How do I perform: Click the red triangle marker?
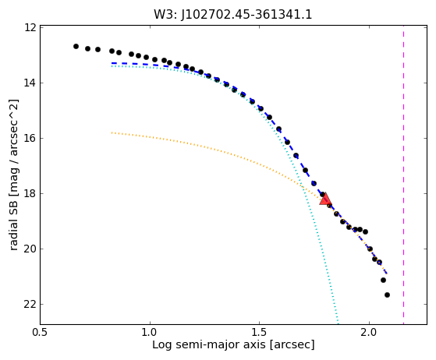pyautogui.click(x=325, y=199)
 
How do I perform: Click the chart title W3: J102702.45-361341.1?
pyautogui.click(x=233, y=15)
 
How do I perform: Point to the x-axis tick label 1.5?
pyautogui.click(x=259, y=332)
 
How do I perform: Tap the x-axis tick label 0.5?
pyautogui.click(x=40, y=332)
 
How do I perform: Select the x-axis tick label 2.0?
pyautogui.click(x=369, y=332)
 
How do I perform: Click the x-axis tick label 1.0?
pyautogui.click(x=150, y=332)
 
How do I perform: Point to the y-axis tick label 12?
pyautogui.click(x=30, y=28)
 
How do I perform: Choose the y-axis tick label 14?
pyautogui.click(x=30, y=83)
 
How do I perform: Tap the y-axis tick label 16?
pyautogui.click(x=30, y=138)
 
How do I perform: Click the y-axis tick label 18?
pyautogui.click(x=30, y=193)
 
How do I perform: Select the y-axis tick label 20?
pyautogui.click(x=30, y=249)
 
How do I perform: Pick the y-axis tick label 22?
pyautogui.click(x=30, y=304)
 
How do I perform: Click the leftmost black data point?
pyautogui.click(x=76, y=47)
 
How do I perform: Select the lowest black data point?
pyautogui.click(x=387, y=295)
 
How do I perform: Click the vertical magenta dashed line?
pyautogui.click(x=403, y=175)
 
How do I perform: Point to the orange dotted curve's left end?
pyautogui.click(x=112, y=132)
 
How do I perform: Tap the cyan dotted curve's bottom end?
pyautogui.click(x=339, y=323)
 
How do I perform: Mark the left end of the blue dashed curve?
pyautogui.click(x=112, y=63)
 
